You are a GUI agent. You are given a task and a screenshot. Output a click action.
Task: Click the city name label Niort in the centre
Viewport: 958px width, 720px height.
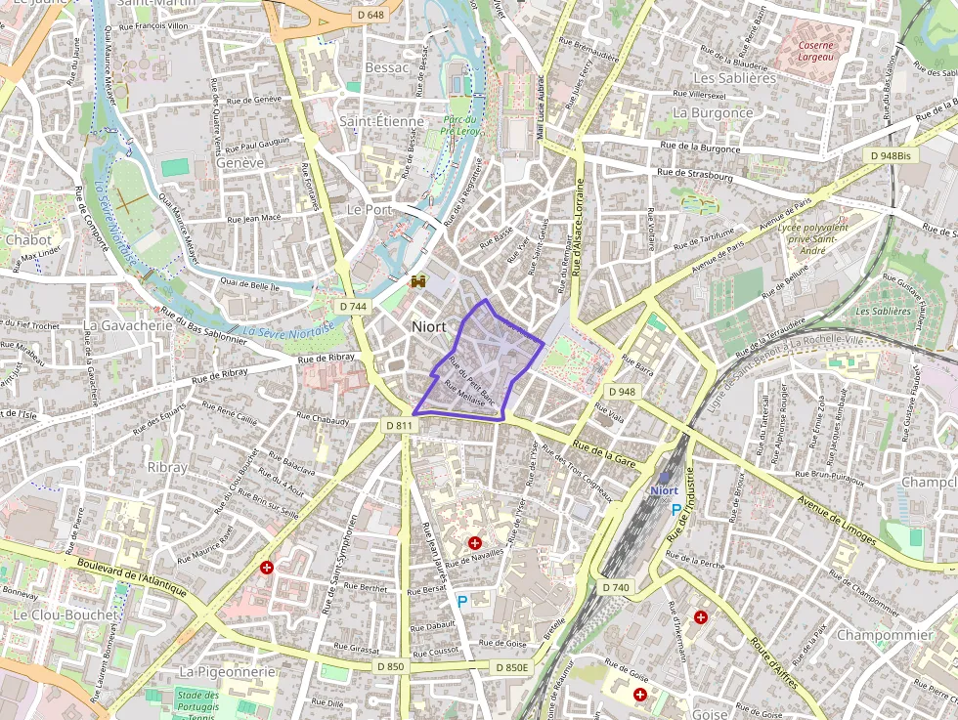[429, 326]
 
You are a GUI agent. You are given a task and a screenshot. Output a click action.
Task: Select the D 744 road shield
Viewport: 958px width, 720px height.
[354, 307]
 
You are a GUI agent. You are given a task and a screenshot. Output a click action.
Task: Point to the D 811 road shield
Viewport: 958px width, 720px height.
[398, 426]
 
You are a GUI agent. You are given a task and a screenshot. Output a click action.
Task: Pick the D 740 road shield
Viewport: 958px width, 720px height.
[617, 587]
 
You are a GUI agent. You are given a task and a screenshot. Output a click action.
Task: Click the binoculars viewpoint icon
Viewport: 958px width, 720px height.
[419, 281]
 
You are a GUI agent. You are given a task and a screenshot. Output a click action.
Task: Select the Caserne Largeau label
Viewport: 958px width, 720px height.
[815, 51]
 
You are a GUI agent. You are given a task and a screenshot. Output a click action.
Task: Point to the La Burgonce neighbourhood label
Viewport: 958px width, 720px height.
[713, 112]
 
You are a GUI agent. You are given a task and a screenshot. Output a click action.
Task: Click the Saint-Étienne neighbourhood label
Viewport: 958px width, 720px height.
[381, 121]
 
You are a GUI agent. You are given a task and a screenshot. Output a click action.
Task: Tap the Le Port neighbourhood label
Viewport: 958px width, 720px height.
[370, 209]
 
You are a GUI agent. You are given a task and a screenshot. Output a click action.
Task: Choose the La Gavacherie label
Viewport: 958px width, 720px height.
[128, 324]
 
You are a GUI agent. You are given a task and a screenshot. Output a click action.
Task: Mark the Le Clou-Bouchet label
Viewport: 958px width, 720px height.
[65, 614]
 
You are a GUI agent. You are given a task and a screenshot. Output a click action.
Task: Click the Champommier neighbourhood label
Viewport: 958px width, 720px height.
[885, 635]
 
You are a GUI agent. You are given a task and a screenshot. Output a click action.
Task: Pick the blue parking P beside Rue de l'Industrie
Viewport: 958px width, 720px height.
[675, 509]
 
